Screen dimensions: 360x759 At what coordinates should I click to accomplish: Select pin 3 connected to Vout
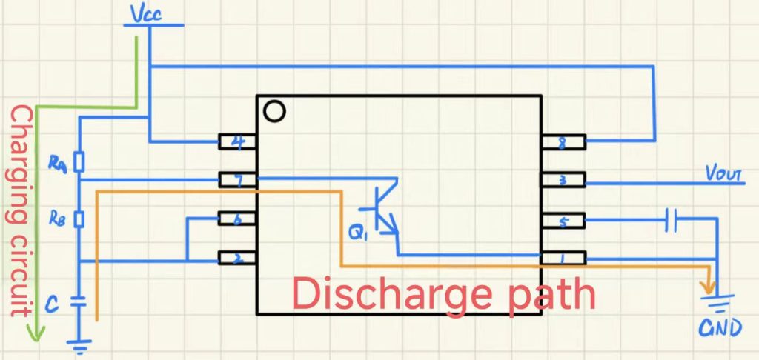563,180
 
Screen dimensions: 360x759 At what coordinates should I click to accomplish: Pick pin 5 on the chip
563,220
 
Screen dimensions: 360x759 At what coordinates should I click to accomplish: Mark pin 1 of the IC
563,259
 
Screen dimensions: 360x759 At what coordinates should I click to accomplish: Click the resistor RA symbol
80,161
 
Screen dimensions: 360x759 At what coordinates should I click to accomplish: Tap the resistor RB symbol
80,219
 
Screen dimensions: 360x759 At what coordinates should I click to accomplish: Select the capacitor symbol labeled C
79,301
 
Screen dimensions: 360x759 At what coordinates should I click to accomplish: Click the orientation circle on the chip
274,112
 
